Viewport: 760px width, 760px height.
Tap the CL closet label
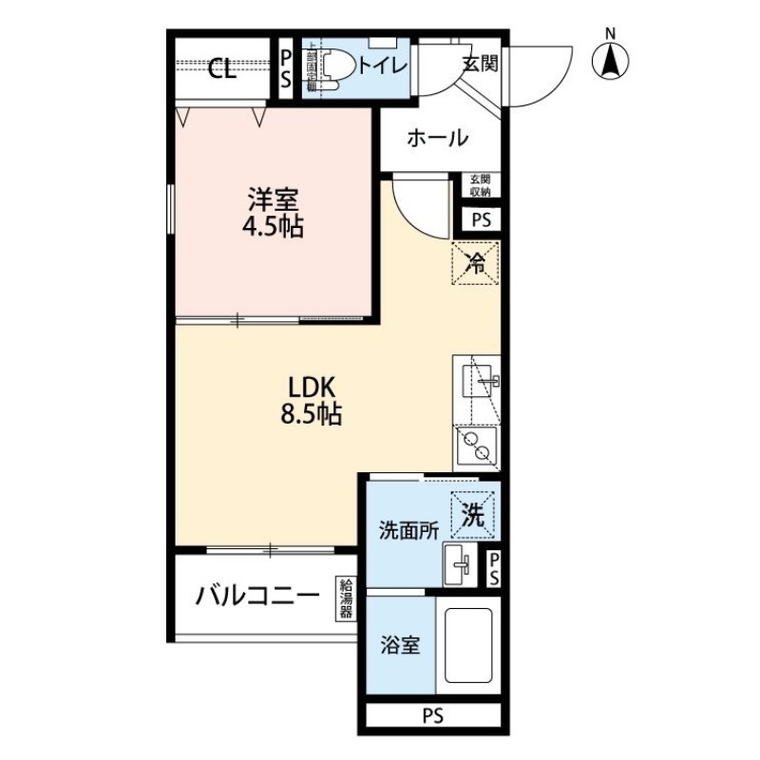[x=222, y=68]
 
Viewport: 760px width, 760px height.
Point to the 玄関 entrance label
[x=481, y=65]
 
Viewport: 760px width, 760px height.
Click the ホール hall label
[x=438, y=139]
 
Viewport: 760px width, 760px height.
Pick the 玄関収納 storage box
[x=479, y=185]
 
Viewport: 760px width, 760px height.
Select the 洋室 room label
[x=274, y=200]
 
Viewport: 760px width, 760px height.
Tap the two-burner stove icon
[x=474, y=444]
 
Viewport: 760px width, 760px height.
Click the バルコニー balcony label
[x=257, y=597]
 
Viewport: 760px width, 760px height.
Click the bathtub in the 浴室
[x=465, y=651]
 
